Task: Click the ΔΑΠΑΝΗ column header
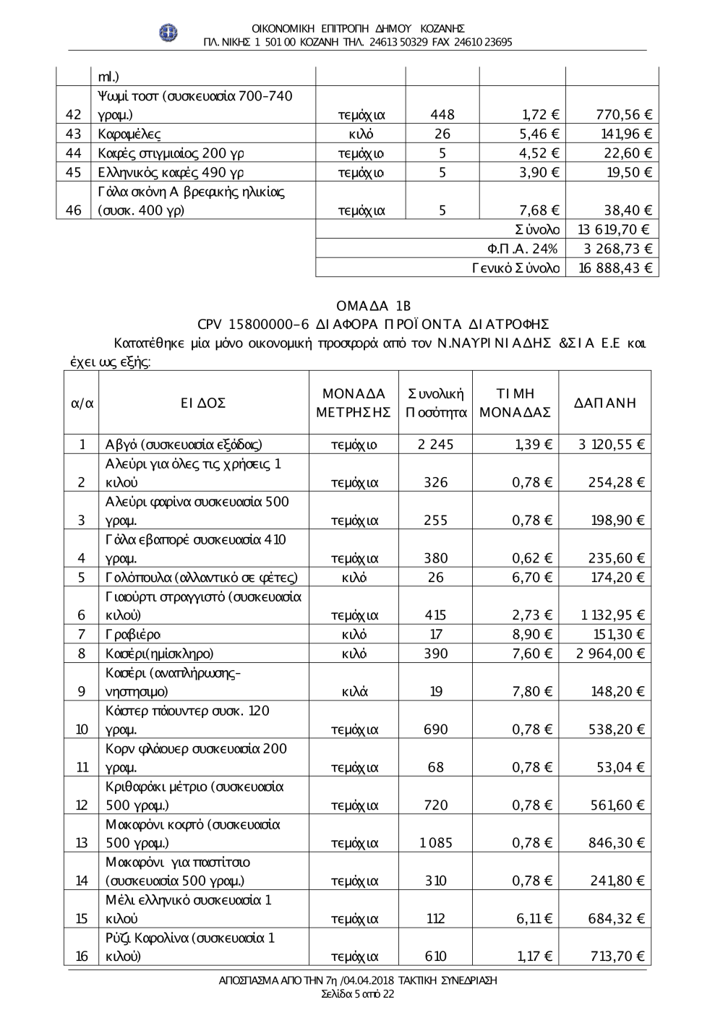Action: click(x=605, y=403)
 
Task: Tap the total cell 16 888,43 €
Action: click(x=616, y=268)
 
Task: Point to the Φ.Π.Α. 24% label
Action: click(x=523, y=249)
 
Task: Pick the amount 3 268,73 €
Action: click(x=616, y=249)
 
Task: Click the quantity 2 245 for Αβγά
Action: click(x=435, y=445)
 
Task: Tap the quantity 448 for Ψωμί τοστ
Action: click(x=442, y=114)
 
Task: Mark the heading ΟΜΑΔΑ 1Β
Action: click(x=374, y=306)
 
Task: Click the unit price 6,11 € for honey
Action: click(x=534, y=919)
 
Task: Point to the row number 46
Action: click(x=73, y=210)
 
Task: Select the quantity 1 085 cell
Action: click(x=435, y=843)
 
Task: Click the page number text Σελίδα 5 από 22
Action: click(x=358, y=994)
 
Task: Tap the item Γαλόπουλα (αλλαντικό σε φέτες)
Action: click(x=202, y=578)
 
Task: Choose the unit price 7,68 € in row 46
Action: click(x=539, y=210)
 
